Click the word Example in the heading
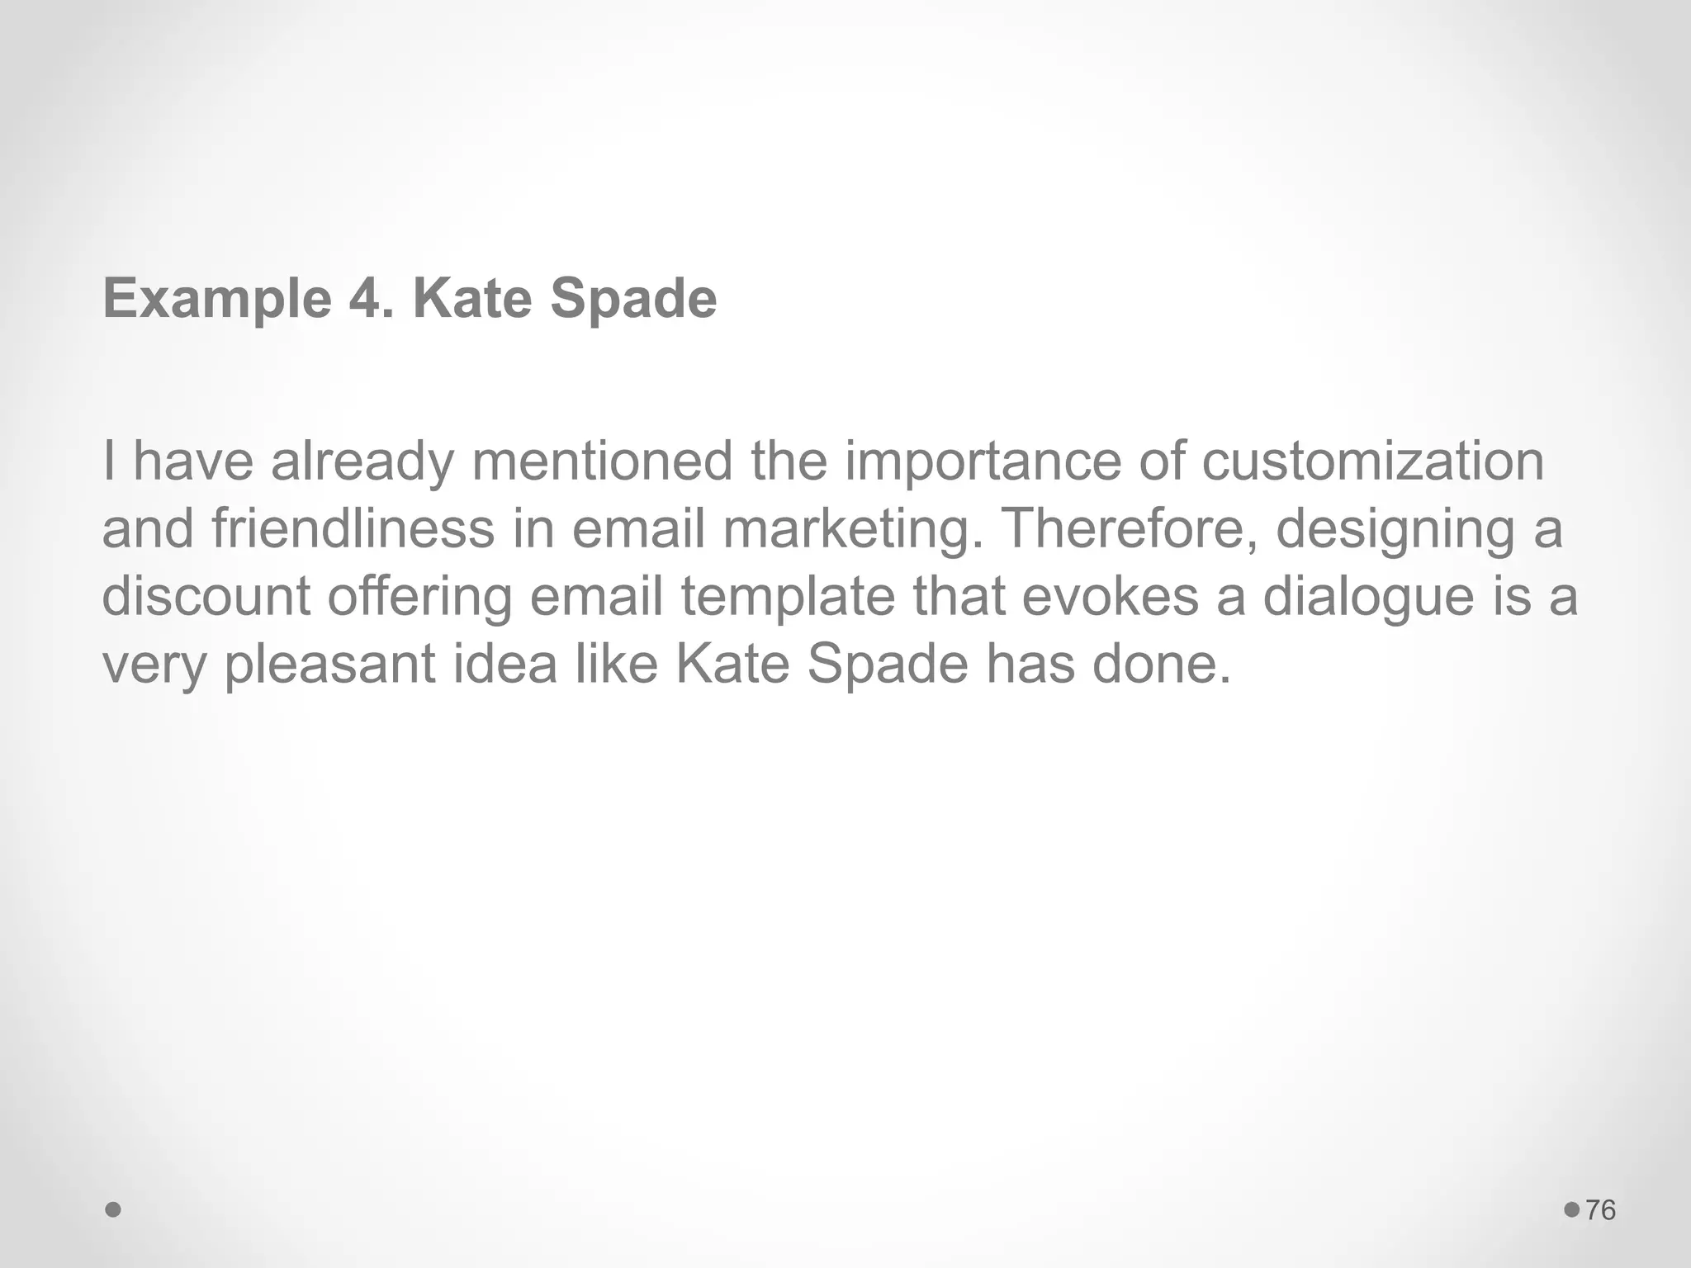(216, 299)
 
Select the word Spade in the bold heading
(633, 299)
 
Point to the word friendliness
(353, 528)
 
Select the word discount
(206, 596)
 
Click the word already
(362, 462)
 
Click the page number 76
(1601, 1210)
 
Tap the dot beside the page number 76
(1571, 1209)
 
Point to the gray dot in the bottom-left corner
(114, 1210)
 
